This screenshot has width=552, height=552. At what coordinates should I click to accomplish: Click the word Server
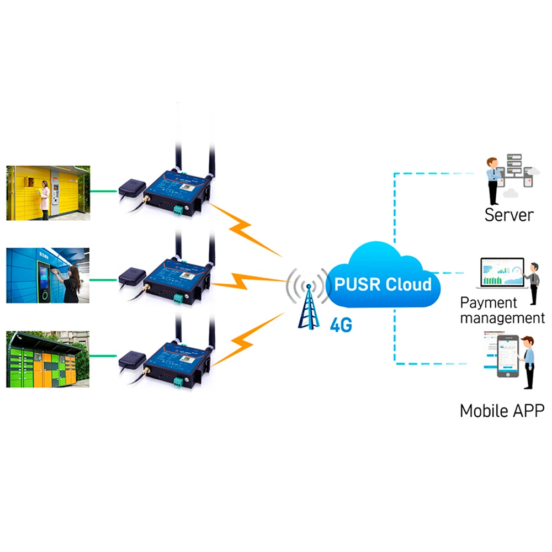[509, 214]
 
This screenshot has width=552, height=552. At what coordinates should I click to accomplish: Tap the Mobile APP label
[502, 411]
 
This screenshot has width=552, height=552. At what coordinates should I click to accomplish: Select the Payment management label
[502, 310]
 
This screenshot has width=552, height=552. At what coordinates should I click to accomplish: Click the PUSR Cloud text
[383, 284]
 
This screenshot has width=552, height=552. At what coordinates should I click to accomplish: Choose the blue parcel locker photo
[47, 275]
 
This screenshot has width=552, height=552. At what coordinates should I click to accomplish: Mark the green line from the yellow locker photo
[103, 192]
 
